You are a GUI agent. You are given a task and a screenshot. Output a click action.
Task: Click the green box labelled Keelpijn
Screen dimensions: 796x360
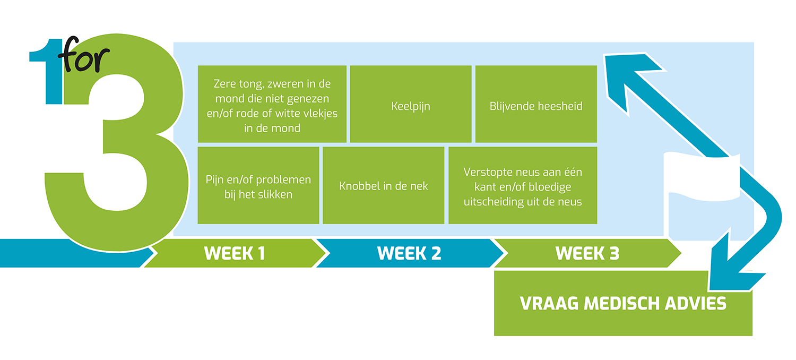point(411,104)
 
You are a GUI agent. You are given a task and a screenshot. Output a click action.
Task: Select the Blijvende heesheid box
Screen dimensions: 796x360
point(536,104)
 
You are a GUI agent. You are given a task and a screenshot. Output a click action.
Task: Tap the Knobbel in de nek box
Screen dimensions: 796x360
point(384,185)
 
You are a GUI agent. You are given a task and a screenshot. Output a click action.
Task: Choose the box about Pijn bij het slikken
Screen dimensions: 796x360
point(258,185)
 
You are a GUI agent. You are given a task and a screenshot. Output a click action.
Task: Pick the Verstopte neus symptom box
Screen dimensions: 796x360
point(523,185)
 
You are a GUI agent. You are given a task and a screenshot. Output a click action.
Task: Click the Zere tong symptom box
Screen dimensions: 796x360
point(272,104)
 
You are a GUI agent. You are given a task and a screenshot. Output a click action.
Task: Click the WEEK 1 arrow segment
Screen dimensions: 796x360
point(235,253)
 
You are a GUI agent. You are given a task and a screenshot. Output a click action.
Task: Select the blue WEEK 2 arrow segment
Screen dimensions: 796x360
point(409,253)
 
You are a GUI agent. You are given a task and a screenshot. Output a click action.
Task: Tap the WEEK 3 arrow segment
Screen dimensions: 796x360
point(587,253)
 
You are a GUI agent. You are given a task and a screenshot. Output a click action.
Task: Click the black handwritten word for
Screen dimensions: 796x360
point(84,55)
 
